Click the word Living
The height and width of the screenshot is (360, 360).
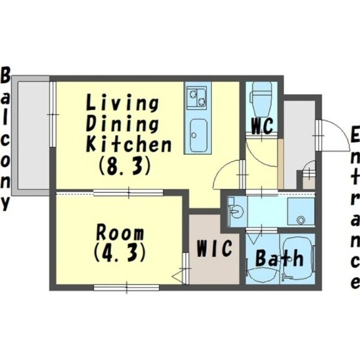pyautogui.click(x=122, y=103)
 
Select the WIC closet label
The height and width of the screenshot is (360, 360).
pyautogui.click(x=214, y=248)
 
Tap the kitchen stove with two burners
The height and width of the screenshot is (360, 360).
pyautogui.click(x=197, y=98)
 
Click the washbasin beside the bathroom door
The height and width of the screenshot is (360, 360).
pyautogui.click(x=235, y=211)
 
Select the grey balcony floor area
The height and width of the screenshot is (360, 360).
pyautogui.click(x=33, y=135)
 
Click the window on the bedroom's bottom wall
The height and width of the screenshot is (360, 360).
pyautogui.click(x=126, y=288)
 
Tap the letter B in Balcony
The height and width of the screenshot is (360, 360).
pyautogui.click(x=5, y=75)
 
